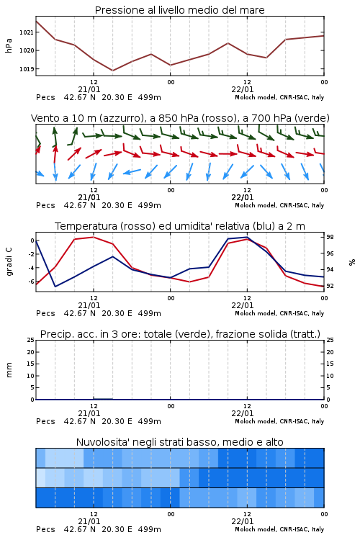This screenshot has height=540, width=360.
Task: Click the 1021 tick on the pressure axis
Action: point(26,32)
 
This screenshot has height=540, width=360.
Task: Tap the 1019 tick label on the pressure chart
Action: point(26,69)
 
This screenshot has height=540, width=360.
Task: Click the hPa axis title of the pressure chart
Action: point(9,46)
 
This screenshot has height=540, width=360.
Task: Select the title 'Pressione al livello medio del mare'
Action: point(180,10)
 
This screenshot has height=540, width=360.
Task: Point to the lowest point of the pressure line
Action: point(112,71)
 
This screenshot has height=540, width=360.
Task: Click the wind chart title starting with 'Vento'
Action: point(180,118)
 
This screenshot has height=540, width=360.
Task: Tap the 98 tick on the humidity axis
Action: point(330,237)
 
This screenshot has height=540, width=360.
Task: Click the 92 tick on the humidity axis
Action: point(330,286)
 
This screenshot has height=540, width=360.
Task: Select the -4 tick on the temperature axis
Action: point(31,268)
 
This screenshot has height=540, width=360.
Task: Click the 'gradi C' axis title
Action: point(9,261)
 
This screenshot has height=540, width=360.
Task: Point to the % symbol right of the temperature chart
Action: point(352,262)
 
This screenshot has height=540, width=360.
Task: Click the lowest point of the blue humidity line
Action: point(55,287)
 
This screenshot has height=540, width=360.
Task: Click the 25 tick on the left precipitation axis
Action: point(31,340)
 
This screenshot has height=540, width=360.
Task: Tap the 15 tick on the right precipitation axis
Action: point(330,364)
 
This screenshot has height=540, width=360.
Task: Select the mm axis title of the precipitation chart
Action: point(9,370)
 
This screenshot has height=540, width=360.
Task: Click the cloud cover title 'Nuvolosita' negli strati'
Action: point(137,442)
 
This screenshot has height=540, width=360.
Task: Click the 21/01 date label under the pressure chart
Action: point(89,89)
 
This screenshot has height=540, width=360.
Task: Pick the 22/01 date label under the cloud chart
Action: point(243,521)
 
